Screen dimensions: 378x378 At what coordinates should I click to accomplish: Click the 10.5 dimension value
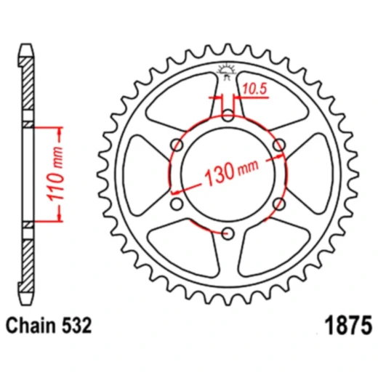point(254,90)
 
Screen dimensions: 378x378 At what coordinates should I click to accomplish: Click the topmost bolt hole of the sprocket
point(228,115)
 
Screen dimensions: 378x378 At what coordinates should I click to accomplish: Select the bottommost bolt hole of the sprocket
point(228,233)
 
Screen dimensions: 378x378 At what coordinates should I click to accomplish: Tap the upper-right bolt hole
point(278,145)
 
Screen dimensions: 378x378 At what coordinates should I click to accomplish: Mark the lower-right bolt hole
point(278,204)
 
